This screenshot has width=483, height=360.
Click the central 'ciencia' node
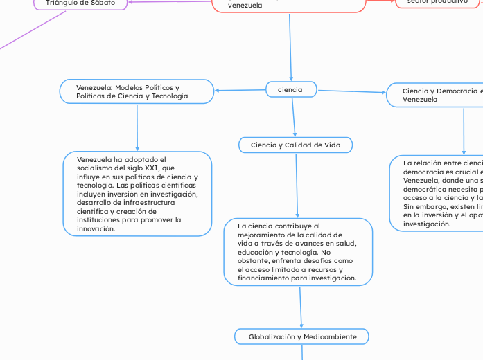tap(290, 90)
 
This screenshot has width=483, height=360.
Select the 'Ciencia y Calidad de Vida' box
tap(295, 145)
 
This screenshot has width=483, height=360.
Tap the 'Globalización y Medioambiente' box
tap(301, 336)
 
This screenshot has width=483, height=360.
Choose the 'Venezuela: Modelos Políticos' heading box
tap(136, 92)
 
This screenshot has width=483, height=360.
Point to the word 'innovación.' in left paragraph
tap(96, 228)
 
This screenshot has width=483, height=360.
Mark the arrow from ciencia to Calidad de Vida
tap(294, 118)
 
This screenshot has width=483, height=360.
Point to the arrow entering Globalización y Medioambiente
tap(301, 315)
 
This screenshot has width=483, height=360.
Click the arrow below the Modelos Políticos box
tap(137, 128)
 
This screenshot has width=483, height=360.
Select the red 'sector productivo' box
tap(438, 3)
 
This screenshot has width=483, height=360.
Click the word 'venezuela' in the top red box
tap(245, 5)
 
